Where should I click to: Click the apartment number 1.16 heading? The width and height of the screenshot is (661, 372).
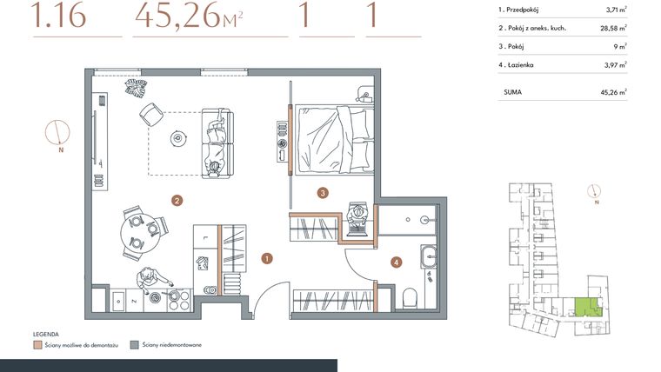pos(58,17)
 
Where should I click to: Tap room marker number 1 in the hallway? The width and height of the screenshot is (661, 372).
pos(267,258)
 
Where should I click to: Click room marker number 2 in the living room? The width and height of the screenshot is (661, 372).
pos(177,201)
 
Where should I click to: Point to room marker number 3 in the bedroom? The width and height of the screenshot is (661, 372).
pos(322,193)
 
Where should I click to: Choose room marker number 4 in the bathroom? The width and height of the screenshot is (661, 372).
pos(397,262)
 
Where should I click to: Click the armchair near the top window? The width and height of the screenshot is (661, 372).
pos(150,112)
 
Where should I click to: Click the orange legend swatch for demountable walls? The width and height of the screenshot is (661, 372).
pos(37,344)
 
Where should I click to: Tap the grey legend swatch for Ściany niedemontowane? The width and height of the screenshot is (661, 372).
pos(133,344)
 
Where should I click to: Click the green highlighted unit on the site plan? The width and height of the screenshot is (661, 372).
pos(587,307)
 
